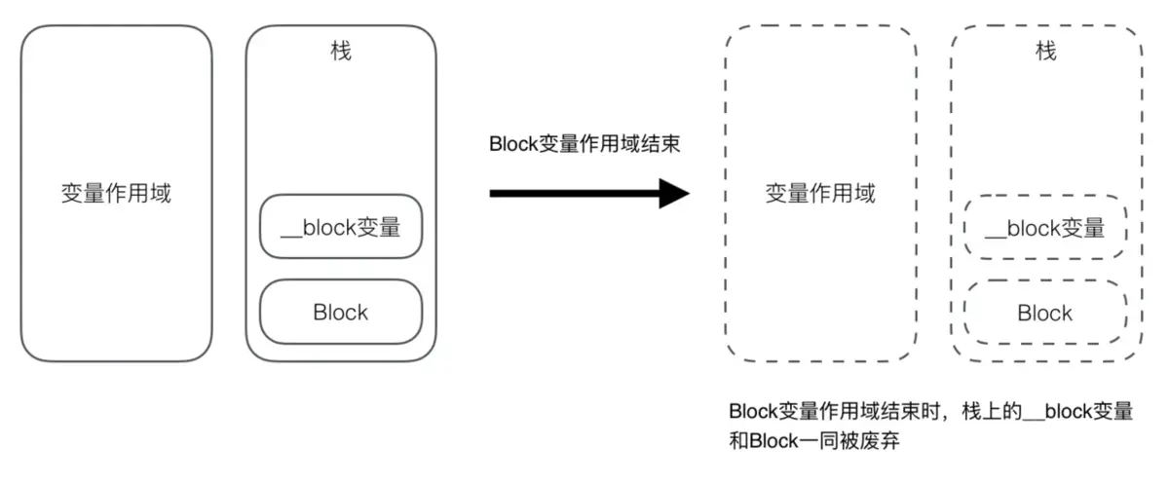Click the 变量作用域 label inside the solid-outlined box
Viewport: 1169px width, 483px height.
click(x=116, y=193)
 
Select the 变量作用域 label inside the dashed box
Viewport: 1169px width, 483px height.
click(x=820, y=193)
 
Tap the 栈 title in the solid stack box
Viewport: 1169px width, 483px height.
click(x=341, y=51)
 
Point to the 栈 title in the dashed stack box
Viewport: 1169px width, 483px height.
click(x=1045, y=51)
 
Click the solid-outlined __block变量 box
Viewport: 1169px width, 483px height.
click(x=341, y=228)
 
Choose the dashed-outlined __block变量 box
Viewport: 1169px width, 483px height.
click(x=1045, y=228)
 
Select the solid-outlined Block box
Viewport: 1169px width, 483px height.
click(x=341, y=313)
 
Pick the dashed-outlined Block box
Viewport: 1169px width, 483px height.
click(x=1045, y=313)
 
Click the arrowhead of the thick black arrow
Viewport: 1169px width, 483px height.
click(x=674, y=193)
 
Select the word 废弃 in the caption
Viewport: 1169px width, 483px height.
click(x=879, y=441)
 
